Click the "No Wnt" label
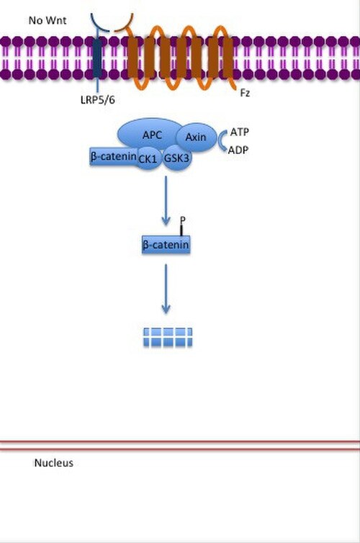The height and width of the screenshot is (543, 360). [x=48, y=20]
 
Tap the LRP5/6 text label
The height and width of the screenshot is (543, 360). [x=98, y=100]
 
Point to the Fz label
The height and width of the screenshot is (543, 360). [x=245, y=93]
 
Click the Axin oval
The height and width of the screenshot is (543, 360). [x=196, y=137]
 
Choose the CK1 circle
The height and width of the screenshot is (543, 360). [x=148, y=158]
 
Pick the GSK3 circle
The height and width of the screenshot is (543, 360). [x=176, y=158]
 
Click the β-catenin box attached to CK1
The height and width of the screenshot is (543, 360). [x=113, y=156]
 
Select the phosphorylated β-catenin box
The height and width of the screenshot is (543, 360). [x=166, y=245]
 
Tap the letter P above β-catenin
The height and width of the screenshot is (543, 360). [x=183, y=220]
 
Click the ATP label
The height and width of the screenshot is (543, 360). [x=239, y=132]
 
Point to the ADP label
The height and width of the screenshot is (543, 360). [x=238, y=150]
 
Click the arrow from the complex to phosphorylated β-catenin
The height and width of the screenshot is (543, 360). [x=166, y=200]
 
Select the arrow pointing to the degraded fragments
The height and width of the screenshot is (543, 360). [x=166, y=289]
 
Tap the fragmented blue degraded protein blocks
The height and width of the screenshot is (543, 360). [x=168, y=337]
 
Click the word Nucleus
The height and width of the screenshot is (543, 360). [x=54, y=463]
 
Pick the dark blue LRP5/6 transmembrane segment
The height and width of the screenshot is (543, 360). [x=98, y=58]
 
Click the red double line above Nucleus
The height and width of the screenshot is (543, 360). [x=180, y=445]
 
